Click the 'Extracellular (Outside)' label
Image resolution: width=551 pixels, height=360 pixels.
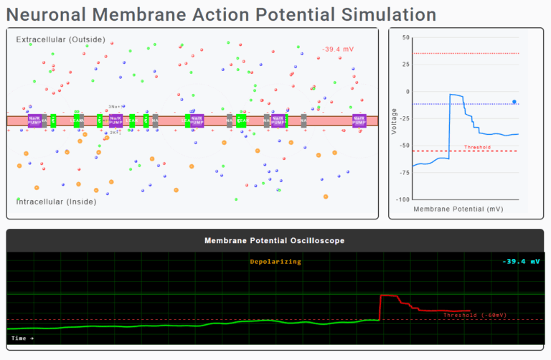tap(60, 39)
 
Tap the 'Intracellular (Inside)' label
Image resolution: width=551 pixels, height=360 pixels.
tap(56, 202)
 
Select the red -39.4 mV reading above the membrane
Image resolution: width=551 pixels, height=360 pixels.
tap(338, 50)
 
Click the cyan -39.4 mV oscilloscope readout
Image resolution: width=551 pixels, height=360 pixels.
tap(521, 262)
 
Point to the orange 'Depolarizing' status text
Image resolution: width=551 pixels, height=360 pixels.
tap(275, 262)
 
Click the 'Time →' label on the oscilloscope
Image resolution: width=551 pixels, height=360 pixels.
tap(22, 338)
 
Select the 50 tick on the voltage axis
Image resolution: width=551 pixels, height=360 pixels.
tap(406, 37)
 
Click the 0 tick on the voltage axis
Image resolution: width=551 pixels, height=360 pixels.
tap(408, 92)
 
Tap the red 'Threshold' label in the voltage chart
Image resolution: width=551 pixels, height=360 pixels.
tap(477, 147)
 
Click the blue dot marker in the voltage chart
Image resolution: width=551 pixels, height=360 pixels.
tap(514, 102)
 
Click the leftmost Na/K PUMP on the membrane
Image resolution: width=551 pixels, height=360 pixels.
tap(34, 120)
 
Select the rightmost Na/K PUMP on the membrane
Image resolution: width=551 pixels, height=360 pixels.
tap(358, 120)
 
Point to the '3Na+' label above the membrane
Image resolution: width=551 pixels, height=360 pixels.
tap(114, 107)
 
